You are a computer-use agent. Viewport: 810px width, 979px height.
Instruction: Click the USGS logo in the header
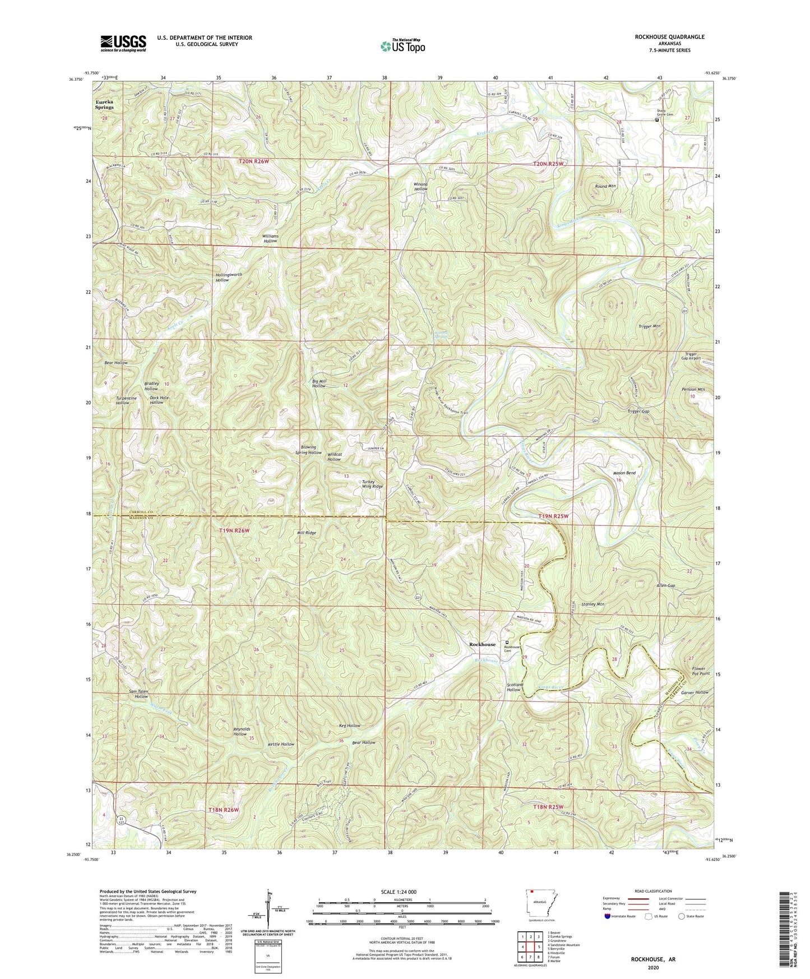[123, 43]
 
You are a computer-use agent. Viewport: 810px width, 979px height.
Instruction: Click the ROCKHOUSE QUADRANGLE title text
[670, 36]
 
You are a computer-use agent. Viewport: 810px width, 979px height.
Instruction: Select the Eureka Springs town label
[104, 104]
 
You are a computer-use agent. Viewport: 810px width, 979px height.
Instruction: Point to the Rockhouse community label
[482, 644]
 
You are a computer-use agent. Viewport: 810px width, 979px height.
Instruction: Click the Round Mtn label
[605, 186]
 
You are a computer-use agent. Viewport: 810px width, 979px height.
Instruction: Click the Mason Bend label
[623, 473]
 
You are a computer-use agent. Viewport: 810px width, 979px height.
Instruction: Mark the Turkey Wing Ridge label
[372, 484]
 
